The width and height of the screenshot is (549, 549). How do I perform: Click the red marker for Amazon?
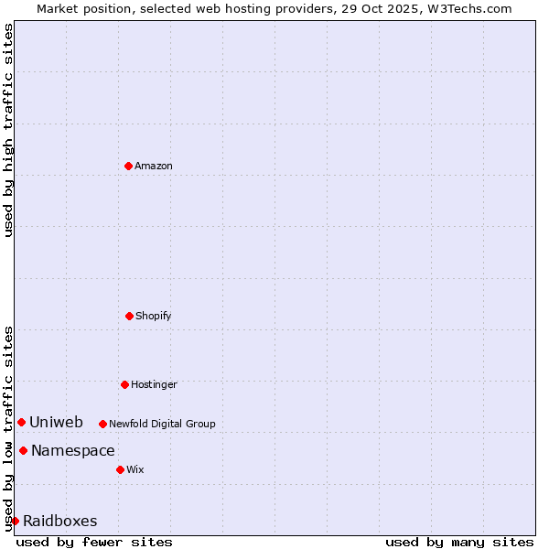[x=128, y=166]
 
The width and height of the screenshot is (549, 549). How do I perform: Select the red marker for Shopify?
[x=129, y=316]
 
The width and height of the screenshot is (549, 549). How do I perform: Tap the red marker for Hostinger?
[x=124, y=384]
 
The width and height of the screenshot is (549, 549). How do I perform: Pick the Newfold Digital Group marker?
[x=102, y=424]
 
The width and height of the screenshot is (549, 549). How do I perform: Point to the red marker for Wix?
[x=120, y=469]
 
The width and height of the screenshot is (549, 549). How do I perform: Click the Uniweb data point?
[x=21, y=422]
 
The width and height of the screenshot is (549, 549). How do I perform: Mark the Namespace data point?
[x=23, y=450]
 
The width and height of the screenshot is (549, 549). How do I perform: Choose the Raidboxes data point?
[x=15, y=521]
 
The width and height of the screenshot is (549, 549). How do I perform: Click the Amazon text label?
[x=154, y=166]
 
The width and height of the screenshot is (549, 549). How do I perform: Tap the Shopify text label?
[x=154, y=316]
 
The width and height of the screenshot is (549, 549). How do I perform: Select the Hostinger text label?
[x=154, y=384]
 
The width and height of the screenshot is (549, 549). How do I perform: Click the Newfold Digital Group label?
[x=162, y=424]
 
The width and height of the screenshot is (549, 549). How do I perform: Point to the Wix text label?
[x=135, y=469]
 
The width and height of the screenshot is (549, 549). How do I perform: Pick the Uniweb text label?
[x=56, y=422]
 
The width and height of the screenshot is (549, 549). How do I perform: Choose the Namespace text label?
[x=73, y=450]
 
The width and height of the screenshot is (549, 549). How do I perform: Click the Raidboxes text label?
[x=60, y=521]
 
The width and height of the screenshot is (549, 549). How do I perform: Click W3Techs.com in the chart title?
[x=469, y=9]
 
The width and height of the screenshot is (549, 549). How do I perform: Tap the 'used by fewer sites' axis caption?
[x=94, y=542]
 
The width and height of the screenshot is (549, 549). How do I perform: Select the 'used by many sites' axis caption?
[x=459, y=542]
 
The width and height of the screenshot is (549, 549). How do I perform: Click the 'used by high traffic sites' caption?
[x=9, y=129]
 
